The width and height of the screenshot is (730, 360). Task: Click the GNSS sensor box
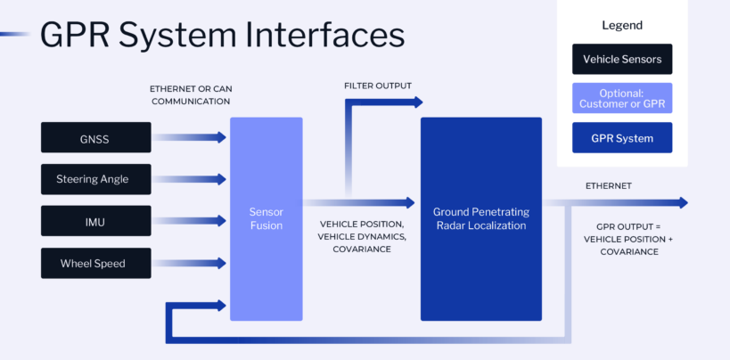coord(96,137)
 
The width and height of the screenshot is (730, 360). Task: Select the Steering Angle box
coord(96,179)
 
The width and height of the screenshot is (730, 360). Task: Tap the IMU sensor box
coord(96,221)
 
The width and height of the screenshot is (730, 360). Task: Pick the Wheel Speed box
coord(96,263)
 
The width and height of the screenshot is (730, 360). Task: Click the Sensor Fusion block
coord(267,218)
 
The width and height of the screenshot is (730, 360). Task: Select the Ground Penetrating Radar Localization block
coord(481,218)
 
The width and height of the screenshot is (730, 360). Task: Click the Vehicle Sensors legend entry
coord(622,59)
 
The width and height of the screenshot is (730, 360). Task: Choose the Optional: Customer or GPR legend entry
coord(622,99)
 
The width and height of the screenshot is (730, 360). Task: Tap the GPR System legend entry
coord(622,138)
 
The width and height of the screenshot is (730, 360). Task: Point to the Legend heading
coord(622,25)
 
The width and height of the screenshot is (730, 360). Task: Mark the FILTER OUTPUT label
coord(377,86)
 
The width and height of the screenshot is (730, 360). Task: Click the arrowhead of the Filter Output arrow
coord(416,102)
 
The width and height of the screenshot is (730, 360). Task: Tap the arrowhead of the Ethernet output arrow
coord(682,202)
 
